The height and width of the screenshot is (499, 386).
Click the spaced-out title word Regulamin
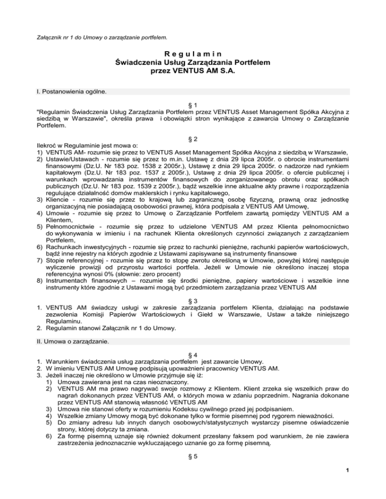(193, 54)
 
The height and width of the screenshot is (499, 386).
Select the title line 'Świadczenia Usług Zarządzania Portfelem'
(193, 63)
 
